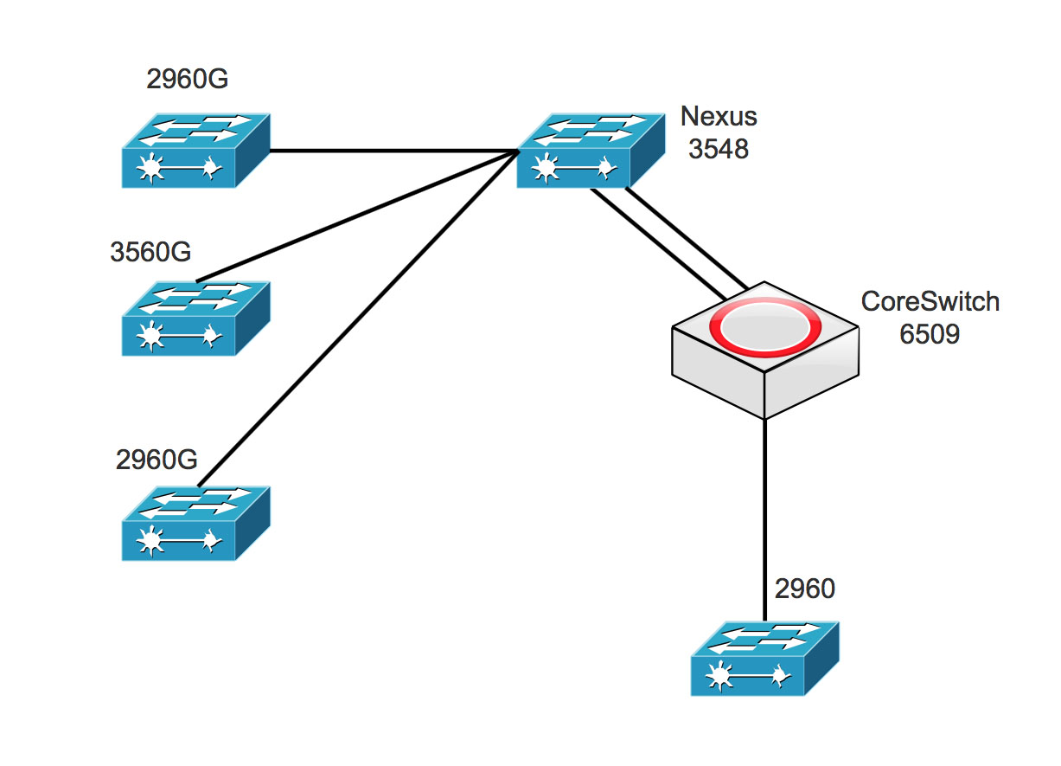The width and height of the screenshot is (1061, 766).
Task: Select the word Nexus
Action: (719, 116)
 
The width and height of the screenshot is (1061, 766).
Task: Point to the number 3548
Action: (718, 149)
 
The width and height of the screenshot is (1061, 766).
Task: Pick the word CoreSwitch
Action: (930, 302)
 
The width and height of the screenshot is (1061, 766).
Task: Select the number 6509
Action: (930, 334)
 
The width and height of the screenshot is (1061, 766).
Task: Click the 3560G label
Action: (150, 252)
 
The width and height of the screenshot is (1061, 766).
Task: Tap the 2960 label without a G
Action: (804, 589)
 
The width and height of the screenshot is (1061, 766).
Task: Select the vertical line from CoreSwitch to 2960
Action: (765, 519)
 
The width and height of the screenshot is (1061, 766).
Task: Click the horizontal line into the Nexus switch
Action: (389, 151)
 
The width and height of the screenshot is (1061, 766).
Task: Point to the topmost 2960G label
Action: (188, 80)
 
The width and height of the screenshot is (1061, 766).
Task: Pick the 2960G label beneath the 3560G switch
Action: (157, 460)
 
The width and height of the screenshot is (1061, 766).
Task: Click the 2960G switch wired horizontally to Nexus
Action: (195, 151)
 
